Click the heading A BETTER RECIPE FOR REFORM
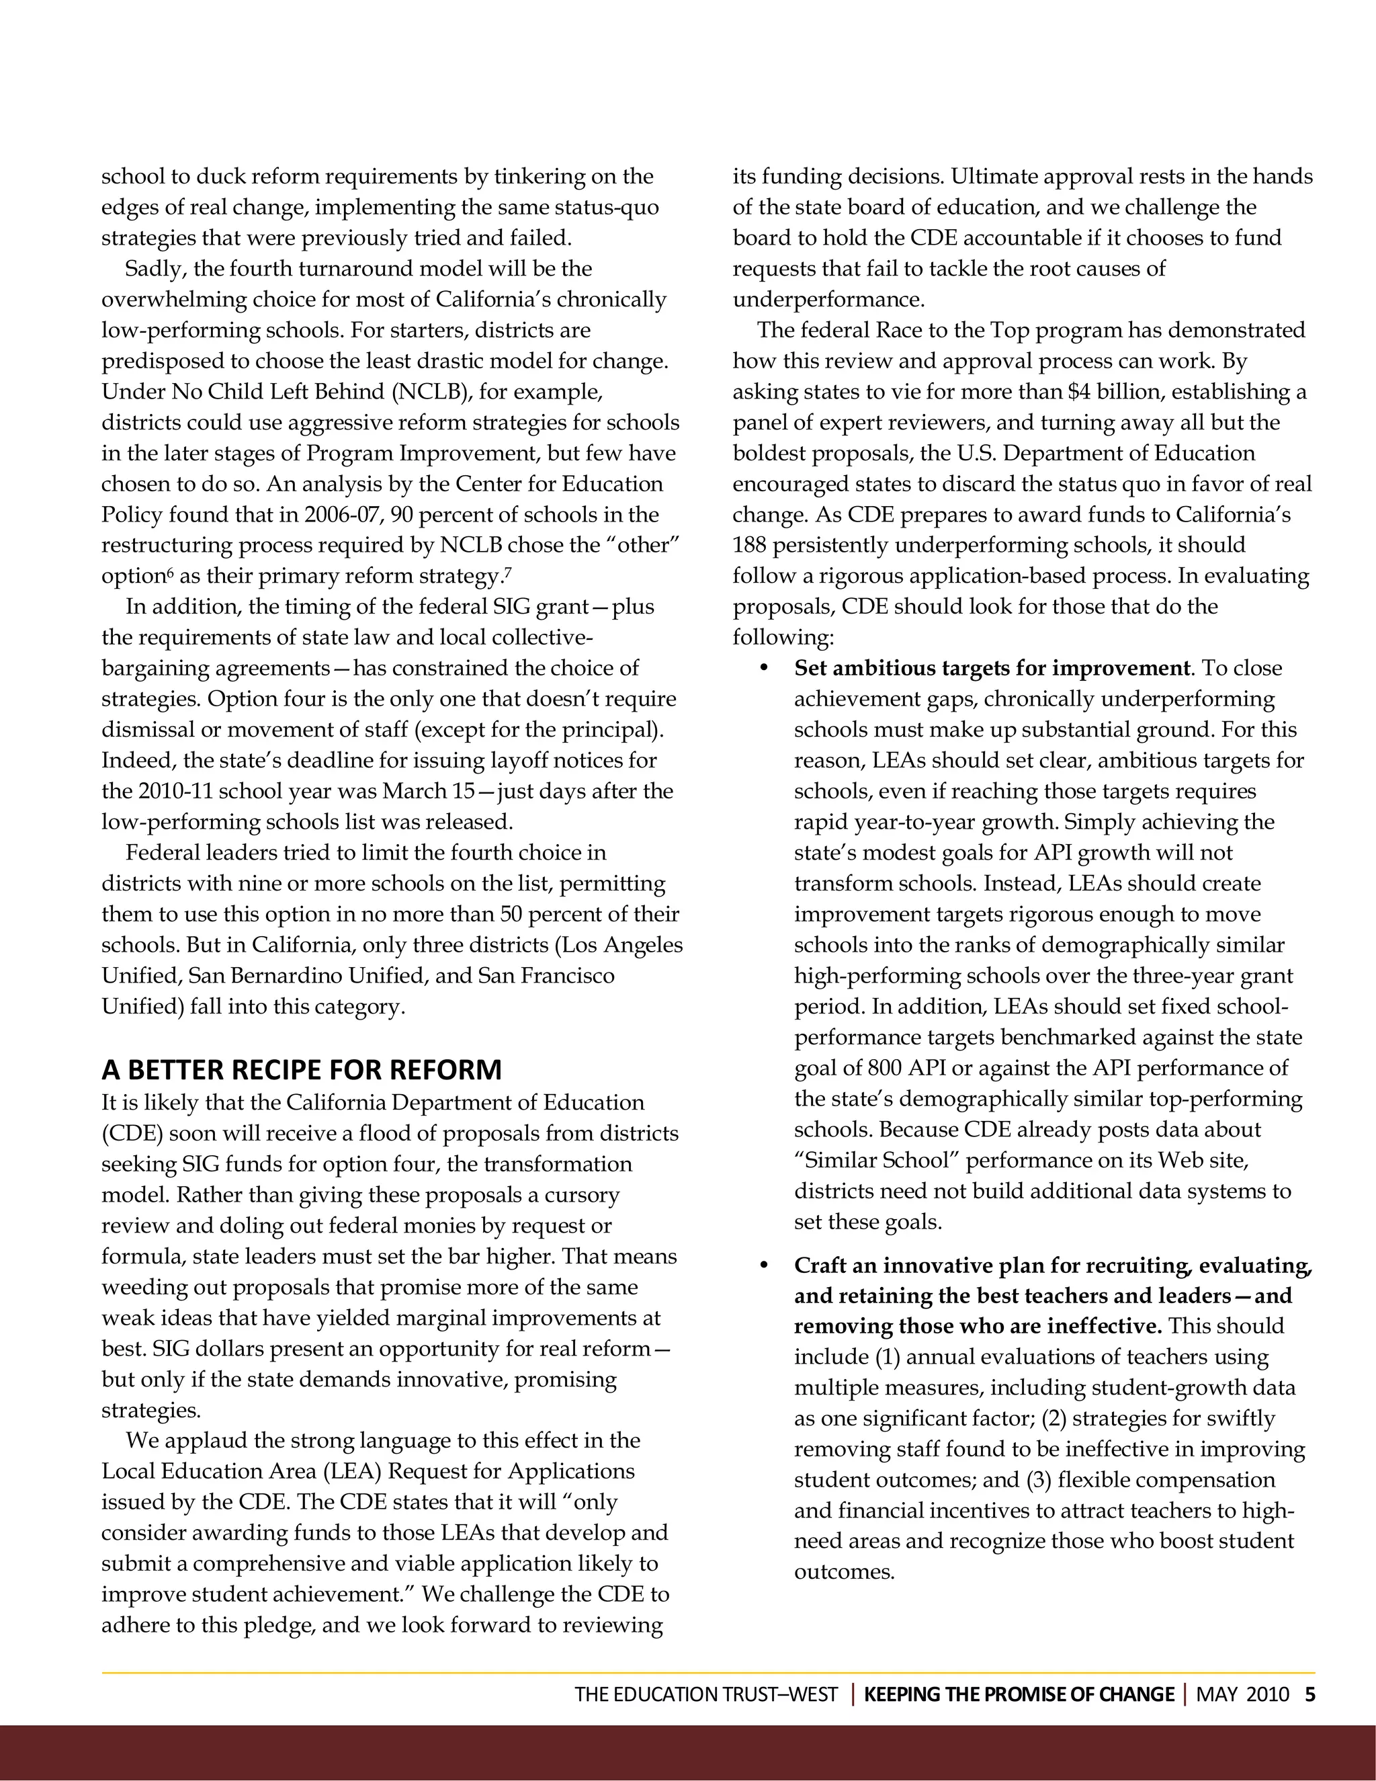coord(301,1069)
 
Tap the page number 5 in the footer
coord(1310,1694)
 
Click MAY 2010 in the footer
coord(1242,1694)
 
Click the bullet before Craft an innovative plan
coord(764,1266)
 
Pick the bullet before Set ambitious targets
coord(764,669)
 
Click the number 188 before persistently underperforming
coord(749,546)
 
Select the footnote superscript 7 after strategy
coord(508,572)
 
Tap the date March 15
coord(429,792)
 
